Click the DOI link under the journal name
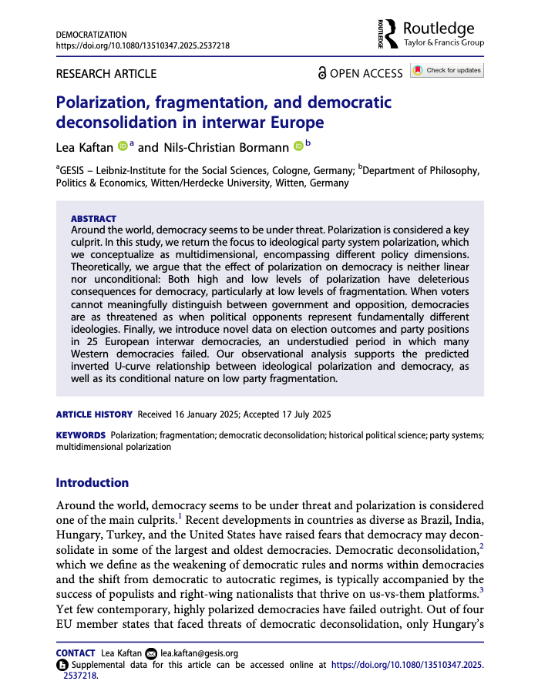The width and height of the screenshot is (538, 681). [143, 45]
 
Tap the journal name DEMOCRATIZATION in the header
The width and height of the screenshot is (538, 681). [92, 35]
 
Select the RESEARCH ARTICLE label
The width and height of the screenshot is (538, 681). [106, 74]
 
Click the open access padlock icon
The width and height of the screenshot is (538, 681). [322, 73]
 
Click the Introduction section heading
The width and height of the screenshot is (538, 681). [92, 483]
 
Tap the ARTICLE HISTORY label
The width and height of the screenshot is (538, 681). [94, 414]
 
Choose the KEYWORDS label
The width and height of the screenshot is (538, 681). [81, 435]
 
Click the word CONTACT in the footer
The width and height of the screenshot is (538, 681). [76, 652]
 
